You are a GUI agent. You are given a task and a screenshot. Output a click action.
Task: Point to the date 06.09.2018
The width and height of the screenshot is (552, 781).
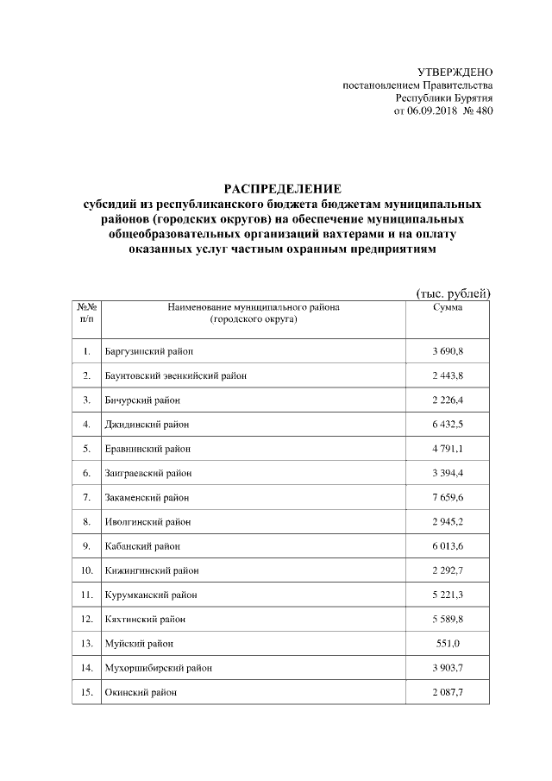(x=429, y=111)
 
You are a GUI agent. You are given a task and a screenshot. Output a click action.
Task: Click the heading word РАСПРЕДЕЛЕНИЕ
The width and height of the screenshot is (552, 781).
(x=284, y=188)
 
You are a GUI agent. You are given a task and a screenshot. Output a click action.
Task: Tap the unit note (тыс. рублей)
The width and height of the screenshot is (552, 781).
(x=453, y=293)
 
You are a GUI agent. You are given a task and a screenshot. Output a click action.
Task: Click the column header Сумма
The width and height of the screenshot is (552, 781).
(x=448, y=307)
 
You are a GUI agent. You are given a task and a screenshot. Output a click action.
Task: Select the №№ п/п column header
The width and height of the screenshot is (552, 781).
(x=86, y=313)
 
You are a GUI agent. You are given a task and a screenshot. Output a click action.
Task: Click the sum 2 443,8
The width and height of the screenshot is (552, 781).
(x=448, y=375)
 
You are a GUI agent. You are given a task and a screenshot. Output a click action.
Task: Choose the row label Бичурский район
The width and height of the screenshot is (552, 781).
(x=141, y=400)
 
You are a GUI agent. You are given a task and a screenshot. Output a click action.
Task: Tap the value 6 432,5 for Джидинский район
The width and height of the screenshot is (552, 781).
(x=448, y=425)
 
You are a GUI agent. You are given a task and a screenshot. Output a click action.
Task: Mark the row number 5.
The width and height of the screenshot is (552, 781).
(x=86, y=449)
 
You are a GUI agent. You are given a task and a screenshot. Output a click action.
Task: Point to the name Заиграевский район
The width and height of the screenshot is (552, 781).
(x=147, y=474)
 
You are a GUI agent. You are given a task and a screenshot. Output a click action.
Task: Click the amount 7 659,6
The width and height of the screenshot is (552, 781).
(x=448, y=498)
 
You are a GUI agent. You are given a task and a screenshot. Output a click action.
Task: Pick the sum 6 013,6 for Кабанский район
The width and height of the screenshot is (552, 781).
(x=448, y=546)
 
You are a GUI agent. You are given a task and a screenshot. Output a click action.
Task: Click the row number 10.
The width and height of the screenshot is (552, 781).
(x=86, y=571)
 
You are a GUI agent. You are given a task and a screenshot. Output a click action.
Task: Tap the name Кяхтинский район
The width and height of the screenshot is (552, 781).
(x=145, y=620)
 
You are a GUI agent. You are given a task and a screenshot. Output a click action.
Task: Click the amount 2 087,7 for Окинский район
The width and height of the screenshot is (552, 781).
(x=448, y=693)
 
